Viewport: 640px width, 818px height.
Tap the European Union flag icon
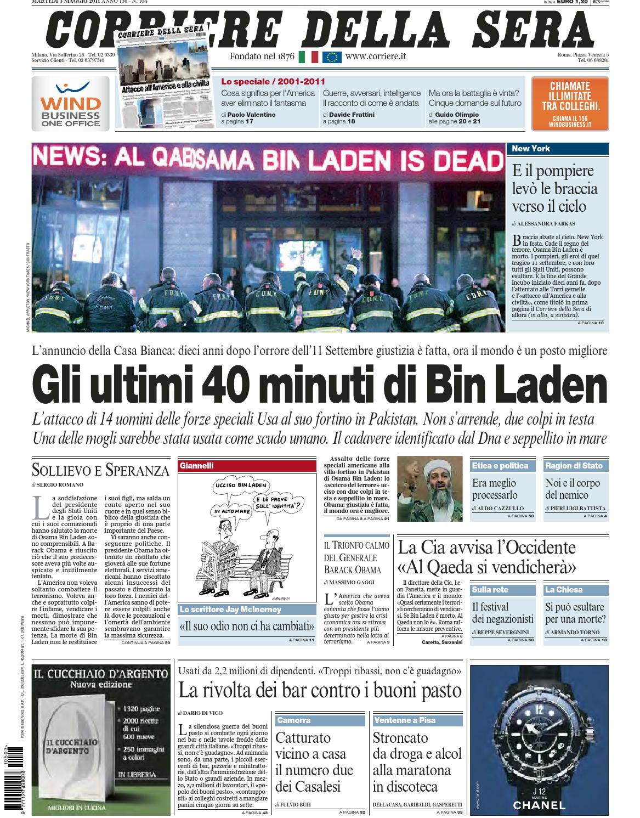point(331,57)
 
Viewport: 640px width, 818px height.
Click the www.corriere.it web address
point(376,57)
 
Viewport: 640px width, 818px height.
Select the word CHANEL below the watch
point(539,805)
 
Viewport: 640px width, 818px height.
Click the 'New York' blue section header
point(559,148)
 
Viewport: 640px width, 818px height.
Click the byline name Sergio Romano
point(60,484)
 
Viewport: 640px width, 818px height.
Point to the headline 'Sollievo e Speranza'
point(100,470)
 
